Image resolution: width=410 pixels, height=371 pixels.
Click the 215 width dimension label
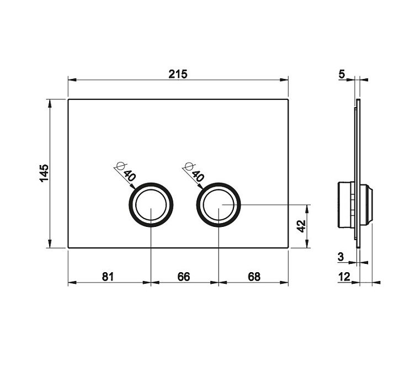tap(178, 74)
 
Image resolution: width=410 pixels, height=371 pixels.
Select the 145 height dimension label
tap(44, 173)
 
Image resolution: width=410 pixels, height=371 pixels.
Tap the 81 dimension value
tap(108, 277)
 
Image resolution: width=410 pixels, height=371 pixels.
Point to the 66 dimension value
tap(184, 277)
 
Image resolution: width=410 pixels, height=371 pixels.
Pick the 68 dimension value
tap(254, 277)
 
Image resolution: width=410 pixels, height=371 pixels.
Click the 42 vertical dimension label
tap(301, 226)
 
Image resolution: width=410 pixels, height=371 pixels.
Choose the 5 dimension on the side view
tap(342, 75)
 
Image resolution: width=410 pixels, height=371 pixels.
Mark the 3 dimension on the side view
tap(340, 257)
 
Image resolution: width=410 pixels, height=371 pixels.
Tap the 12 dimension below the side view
tap(344, 277)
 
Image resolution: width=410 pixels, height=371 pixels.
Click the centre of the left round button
tap(151, 205)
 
